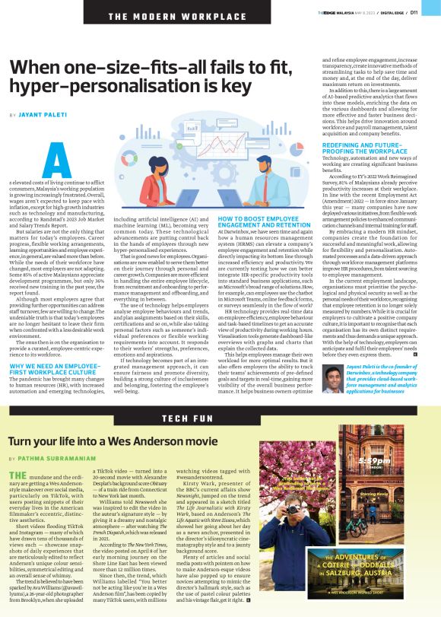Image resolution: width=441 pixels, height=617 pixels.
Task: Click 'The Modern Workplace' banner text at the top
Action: pos(152,16)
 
